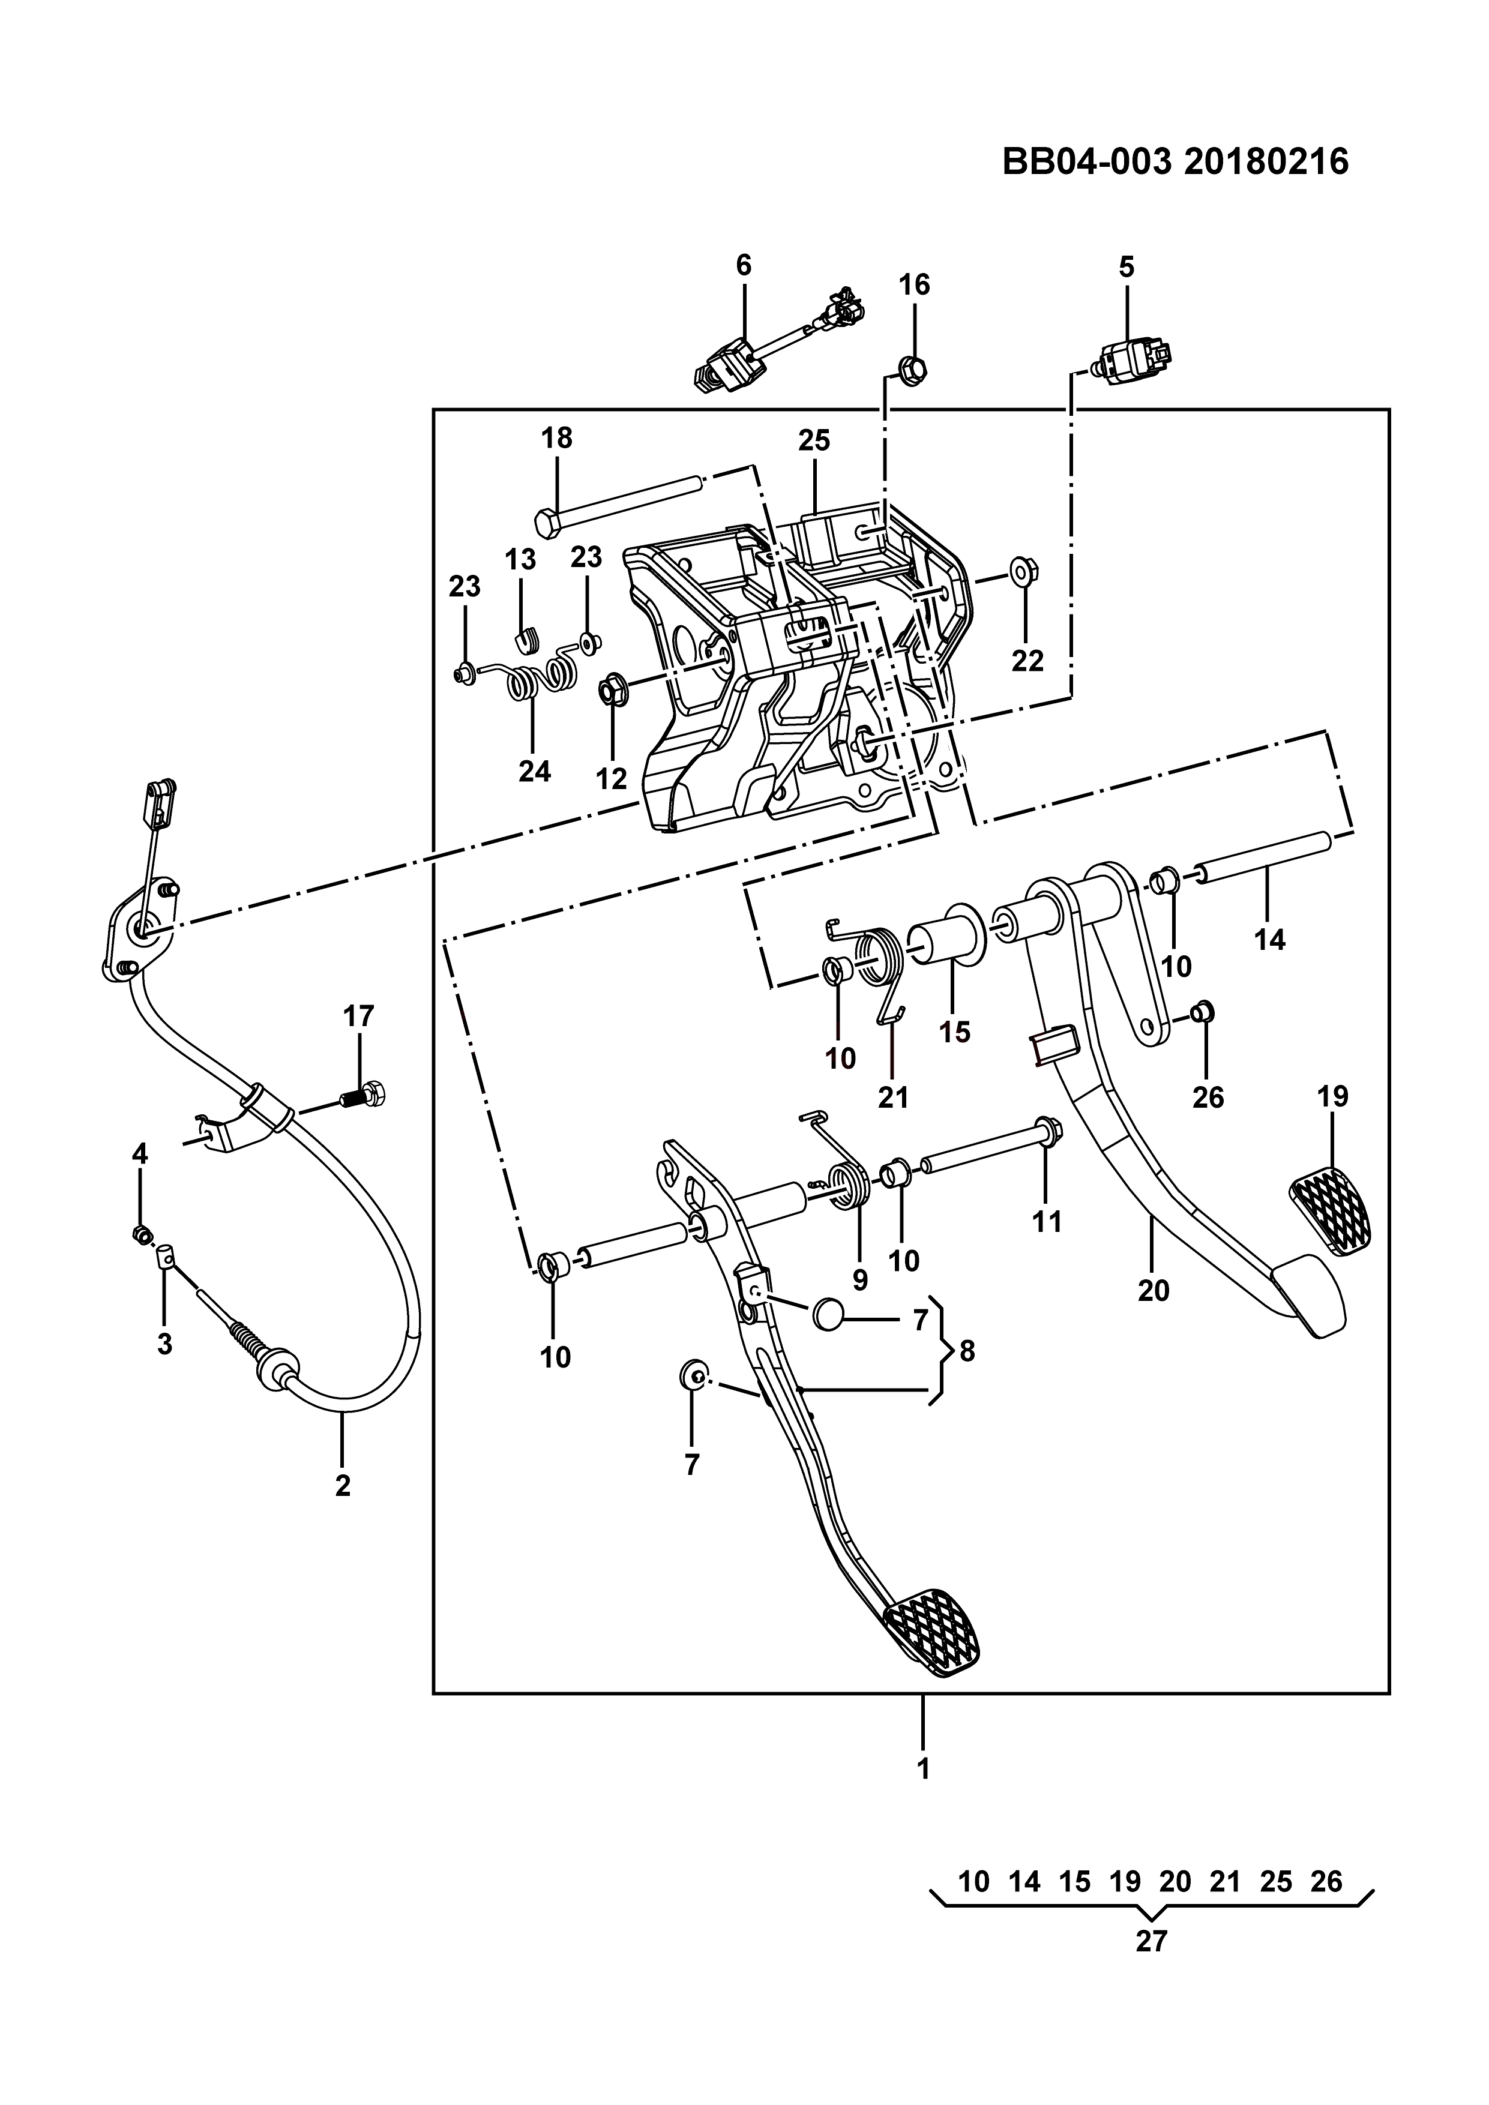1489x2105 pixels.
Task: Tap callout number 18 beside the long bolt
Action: (556, 438)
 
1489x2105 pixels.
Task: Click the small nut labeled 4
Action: (141, 1235)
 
